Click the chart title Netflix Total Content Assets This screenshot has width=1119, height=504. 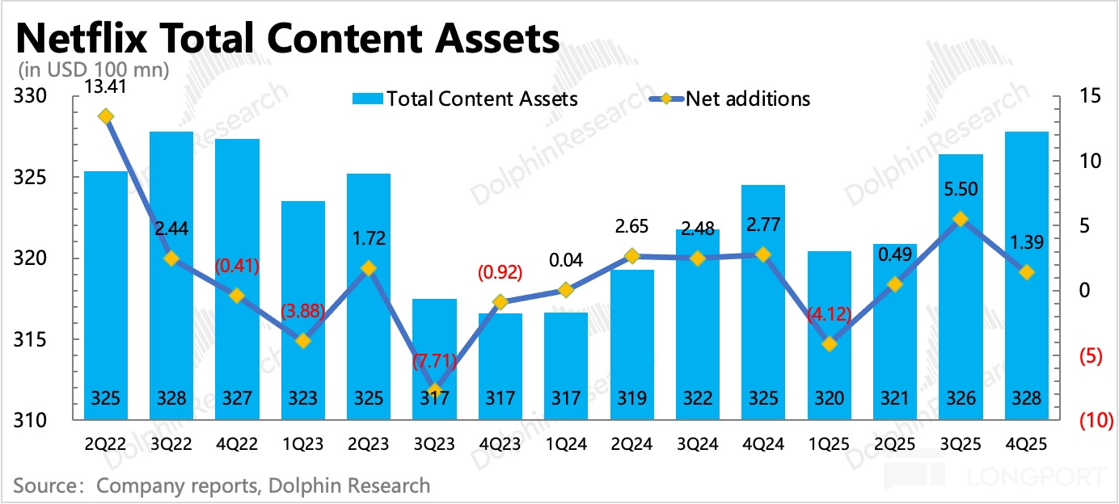288,38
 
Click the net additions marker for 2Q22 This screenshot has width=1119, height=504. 106,116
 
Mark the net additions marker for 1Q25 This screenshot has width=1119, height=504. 829,344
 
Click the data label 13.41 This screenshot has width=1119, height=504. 106,86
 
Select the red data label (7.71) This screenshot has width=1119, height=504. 434,362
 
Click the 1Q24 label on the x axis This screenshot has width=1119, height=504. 566,444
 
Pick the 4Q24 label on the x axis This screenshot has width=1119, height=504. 762,444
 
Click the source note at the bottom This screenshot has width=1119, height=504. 222,485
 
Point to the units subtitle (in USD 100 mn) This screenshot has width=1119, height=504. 91,70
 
